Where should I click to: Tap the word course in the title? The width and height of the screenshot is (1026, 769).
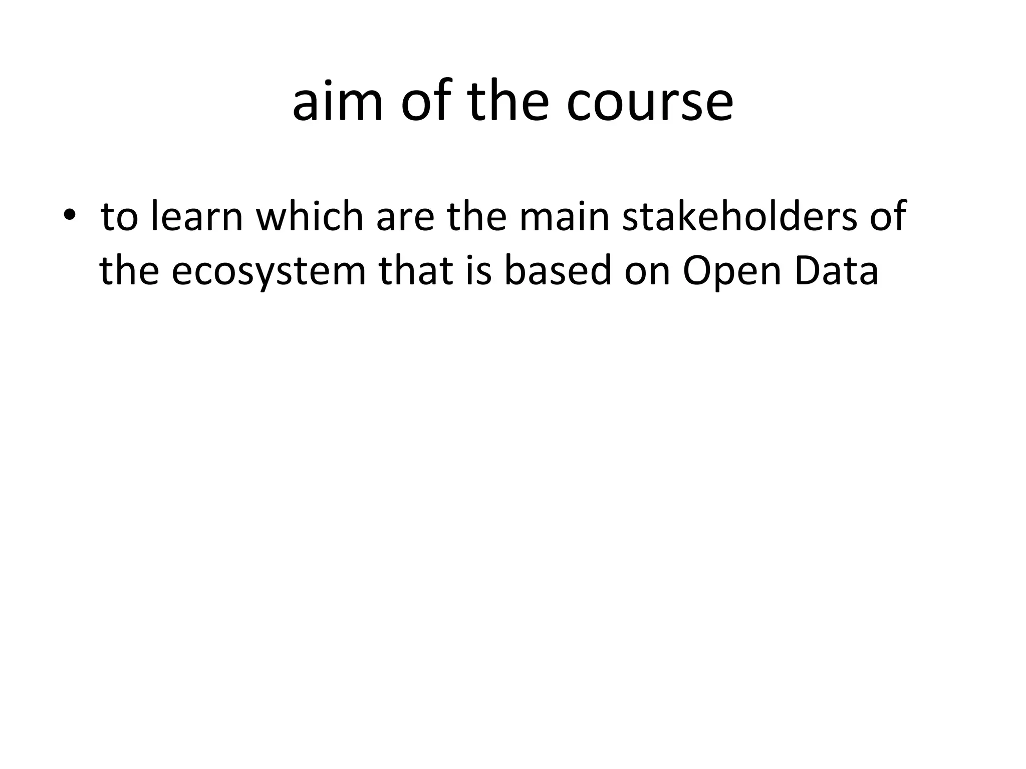(650, 103)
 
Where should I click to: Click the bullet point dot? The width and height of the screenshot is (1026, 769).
(70, 216)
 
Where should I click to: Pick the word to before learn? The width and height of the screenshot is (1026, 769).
(119, 217)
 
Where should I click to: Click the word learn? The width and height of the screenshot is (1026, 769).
(196, 217)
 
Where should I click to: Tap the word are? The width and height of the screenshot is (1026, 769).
(405, 217)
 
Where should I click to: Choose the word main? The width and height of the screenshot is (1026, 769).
(564, 217)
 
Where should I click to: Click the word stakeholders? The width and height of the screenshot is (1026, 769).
(739, 217)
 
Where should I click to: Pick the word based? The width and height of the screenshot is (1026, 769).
(558, 271)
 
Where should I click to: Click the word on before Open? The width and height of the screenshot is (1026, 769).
(647, 271)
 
